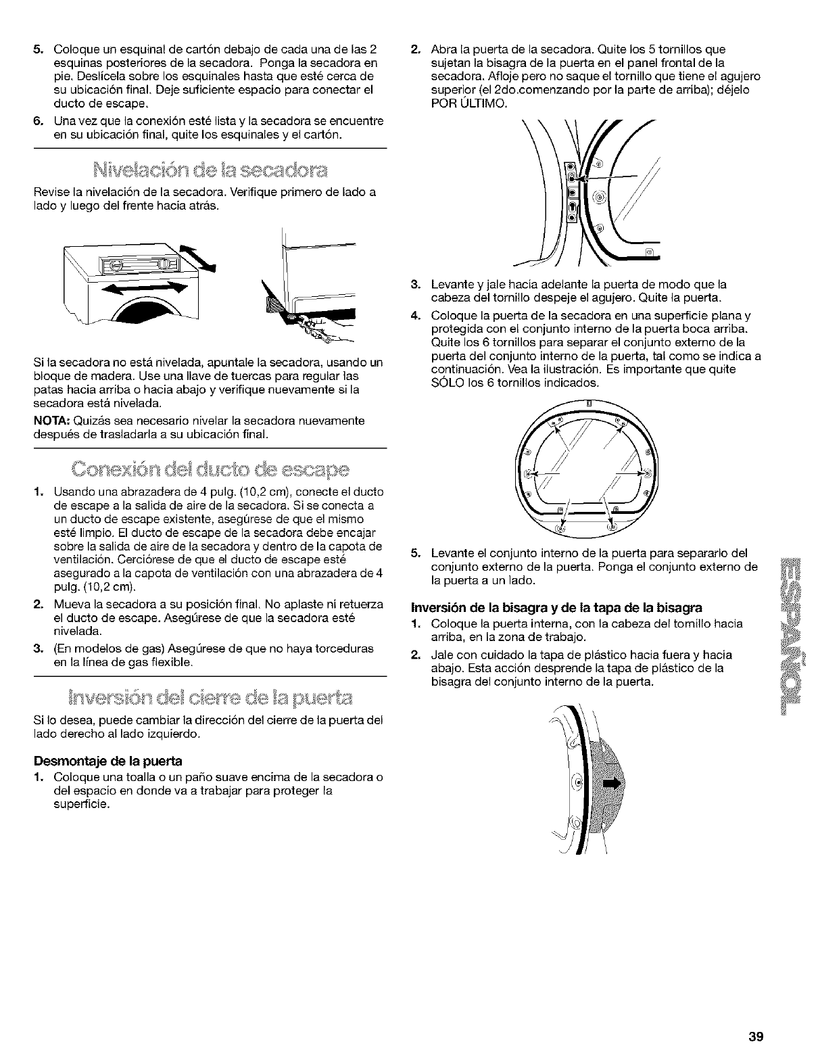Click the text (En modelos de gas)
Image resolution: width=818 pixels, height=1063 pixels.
point(101,649)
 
